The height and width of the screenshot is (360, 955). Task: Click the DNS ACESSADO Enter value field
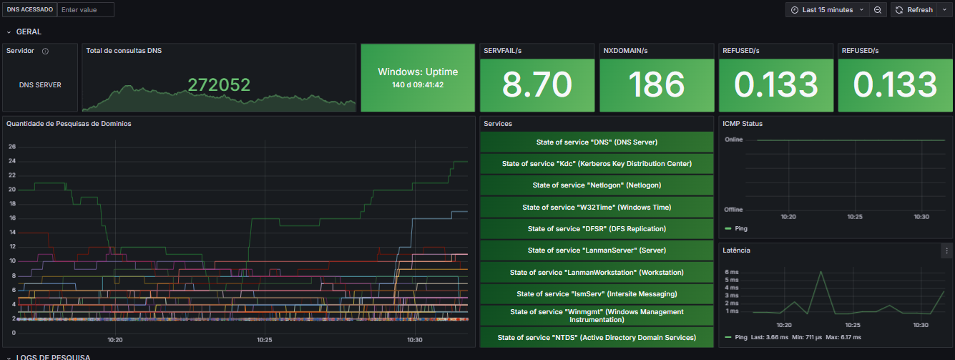[x=86, y=10]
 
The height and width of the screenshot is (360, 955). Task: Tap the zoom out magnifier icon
[x=878, y=10]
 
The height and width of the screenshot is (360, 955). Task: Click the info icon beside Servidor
[x=45, y=52]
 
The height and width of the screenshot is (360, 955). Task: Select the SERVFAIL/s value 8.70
[x=537, y=84]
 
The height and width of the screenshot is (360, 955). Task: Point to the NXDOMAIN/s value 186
[x=657, y=84]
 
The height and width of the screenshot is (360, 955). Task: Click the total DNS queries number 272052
[x=219, y=85]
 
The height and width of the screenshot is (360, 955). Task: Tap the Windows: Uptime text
[x=418, y=72]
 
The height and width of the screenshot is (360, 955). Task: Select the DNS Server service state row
[x=597, y=142]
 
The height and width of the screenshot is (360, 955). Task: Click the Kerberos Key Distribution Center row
[x=597, y=163]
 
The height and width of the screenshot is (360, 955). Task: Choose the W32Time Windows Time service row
[x=597, y=207]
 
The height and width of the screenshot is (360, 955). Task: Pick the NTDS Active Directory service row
[x=597, y=337]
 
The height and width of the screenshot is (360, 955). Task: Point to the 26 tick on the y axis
[x=12, y=147]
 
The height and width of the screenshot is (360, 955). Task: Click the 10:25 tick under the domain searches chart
[x=265, y=340]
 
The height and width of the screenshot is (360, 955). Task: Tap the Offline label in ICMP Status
[x=733, y=210]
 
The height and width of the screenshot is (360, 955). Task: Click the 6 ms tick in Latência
[x=732, y=272]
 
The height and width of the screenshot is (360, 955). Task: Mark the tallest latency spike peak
[x=821, y=272]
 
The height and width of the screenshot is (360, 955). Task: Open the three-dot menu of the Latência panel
[x=946, y=250]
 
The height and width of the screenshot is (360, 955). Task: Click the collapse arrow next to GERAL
[x=9, y=32]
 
